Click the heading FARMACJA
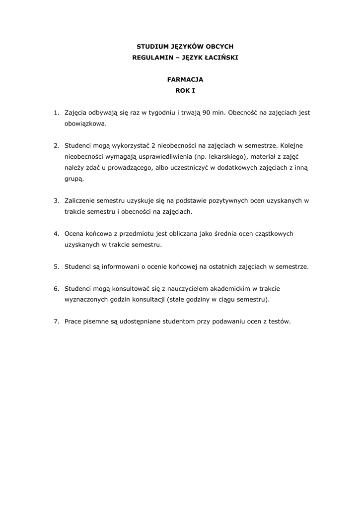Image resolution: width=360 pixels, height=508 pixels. click(x=185, y=79)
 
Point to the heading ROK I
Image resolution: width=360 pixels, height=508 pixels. click(x=185, y=91)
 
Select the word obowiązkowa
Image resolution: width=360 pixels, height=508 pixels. click(x=85, y=124)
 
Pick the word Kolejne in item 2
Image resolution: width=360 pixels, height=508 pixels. click(x=295, y=146)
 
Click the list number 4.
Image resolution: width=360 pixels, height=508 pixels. click(x=57, y=233)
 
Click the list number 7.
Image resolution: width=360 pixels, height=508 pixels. click(x=57, y=321)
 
